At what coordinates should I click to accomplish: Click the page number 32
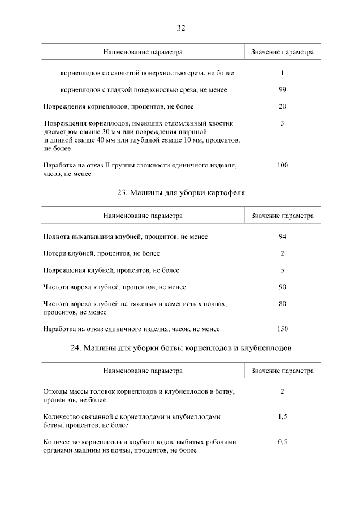pos(181,28)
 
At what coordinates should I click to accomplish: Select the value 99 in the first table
pos(282,90)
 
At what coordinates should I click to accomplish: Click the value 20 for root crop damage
pos(282,106)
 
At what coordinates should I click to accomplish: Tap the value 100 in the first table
pos(282,165)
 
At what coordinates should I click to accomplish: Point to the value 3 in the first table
pos(282,123)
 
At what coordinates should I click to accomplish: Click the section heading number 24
pos(76,348)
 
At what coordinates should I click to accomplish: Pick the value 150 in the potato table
pos(282,329)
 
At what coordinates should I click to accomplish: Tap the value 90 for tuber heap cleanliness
pos(282,287)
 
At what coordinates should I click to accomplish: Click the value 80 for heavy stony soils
pos(282,304)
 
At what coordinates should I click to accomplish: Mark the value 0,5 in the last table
pos(282,442)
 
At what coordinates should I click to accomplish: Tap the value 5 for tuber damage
pos(282,270)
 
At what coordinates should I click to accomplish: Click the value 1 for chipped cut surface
pos(282,73)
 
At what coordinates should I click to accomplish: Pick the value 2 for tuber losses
pos(282,253)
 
